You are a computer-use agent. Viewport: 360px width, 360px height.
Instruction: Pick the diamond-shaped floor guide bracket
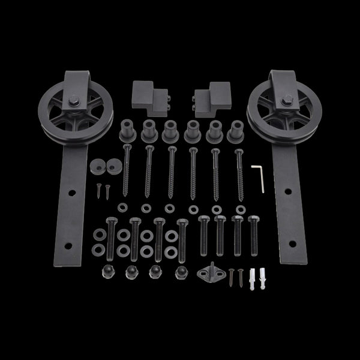click(x=209, y=269)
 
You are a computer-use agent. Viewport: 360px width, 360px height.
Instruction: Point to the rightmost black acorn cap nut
click(x=179, y=271)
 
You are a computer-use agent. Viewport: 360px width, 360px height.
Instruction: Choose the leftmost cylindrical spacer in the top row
click(x=127, y=130)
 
